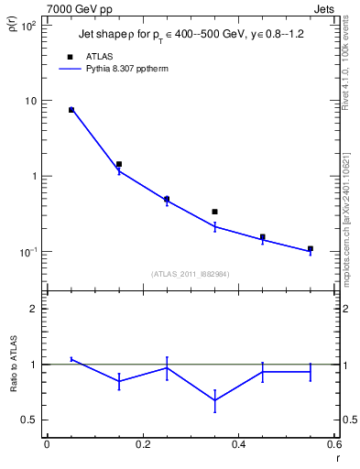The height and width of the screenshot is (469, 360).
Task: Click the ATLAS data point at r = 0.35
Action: [x=214, y=212]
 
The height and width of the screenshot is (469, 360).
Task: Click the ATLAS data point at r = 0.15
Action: [x=119, y=164]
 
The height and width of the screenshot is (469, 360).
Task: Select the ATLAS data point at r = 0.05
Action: [x=71, y=110]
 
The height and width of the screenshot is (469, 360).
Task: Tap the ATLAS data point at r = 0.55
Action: [x=311, y=248]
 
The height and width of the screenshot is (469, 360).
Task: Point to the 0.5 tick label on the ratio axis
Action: [x=30, y=420]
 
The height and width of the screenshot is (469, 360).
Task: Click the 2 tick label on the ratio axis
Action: [x=34, y=309]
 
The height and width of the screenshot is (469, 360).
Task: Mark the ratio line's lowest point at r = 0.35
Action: [x=214, y=400]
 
